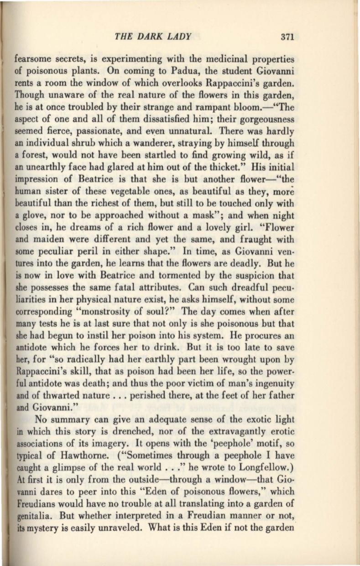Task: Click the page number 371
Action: (289, 36)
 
